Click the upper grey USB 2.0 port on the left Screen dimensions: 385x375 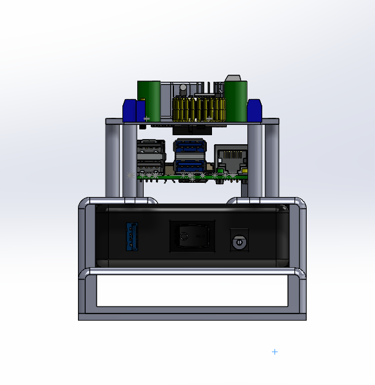(x=150, y=147)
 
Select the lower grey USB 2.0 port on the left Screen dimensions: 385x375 (x=150, y=164)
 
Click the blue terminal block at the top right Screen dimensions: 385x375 (x=254, y=110)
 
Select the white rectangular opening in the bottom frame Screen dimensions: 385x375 (x=191, y=290)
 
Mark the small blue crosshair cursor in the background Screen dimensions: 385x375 (x=275, y=352)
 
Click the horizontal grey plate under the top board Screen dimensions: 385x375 (x=193, y=122)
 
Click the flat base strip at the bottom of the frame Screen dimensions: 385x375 (x=192, y=317)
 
